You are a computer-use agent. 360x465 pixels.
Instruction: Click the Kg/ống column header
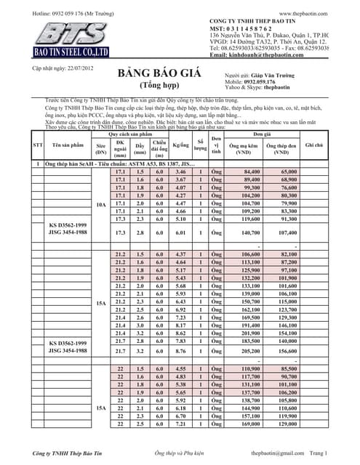pyautogui.click(x=181, y=145)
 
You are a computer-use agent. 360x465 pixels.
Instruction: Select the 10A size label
pyautogui.click(x=101, y=206)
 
